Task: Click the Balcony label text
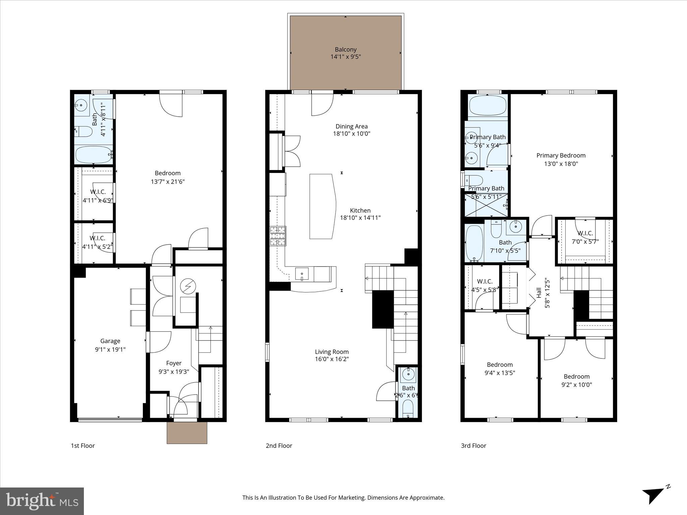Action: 346,50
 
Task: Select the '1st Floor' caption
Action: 83,446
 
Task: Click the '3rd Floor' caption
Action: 473,446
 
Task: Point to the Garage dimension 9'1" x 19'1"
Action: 110,349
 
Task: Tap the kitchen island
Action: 322,206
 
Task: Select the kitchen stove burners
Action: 278,236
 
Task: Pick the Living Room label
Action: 331,352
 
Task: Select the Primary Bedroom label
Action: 561,156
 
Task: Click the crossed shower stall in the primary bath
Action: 486,205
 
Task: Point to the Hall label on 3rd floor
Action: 539,292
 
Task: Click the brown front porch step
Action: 187,433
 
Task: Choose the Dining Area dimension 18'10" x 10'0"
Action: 352,133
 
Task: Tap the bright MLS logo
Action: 42,501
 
